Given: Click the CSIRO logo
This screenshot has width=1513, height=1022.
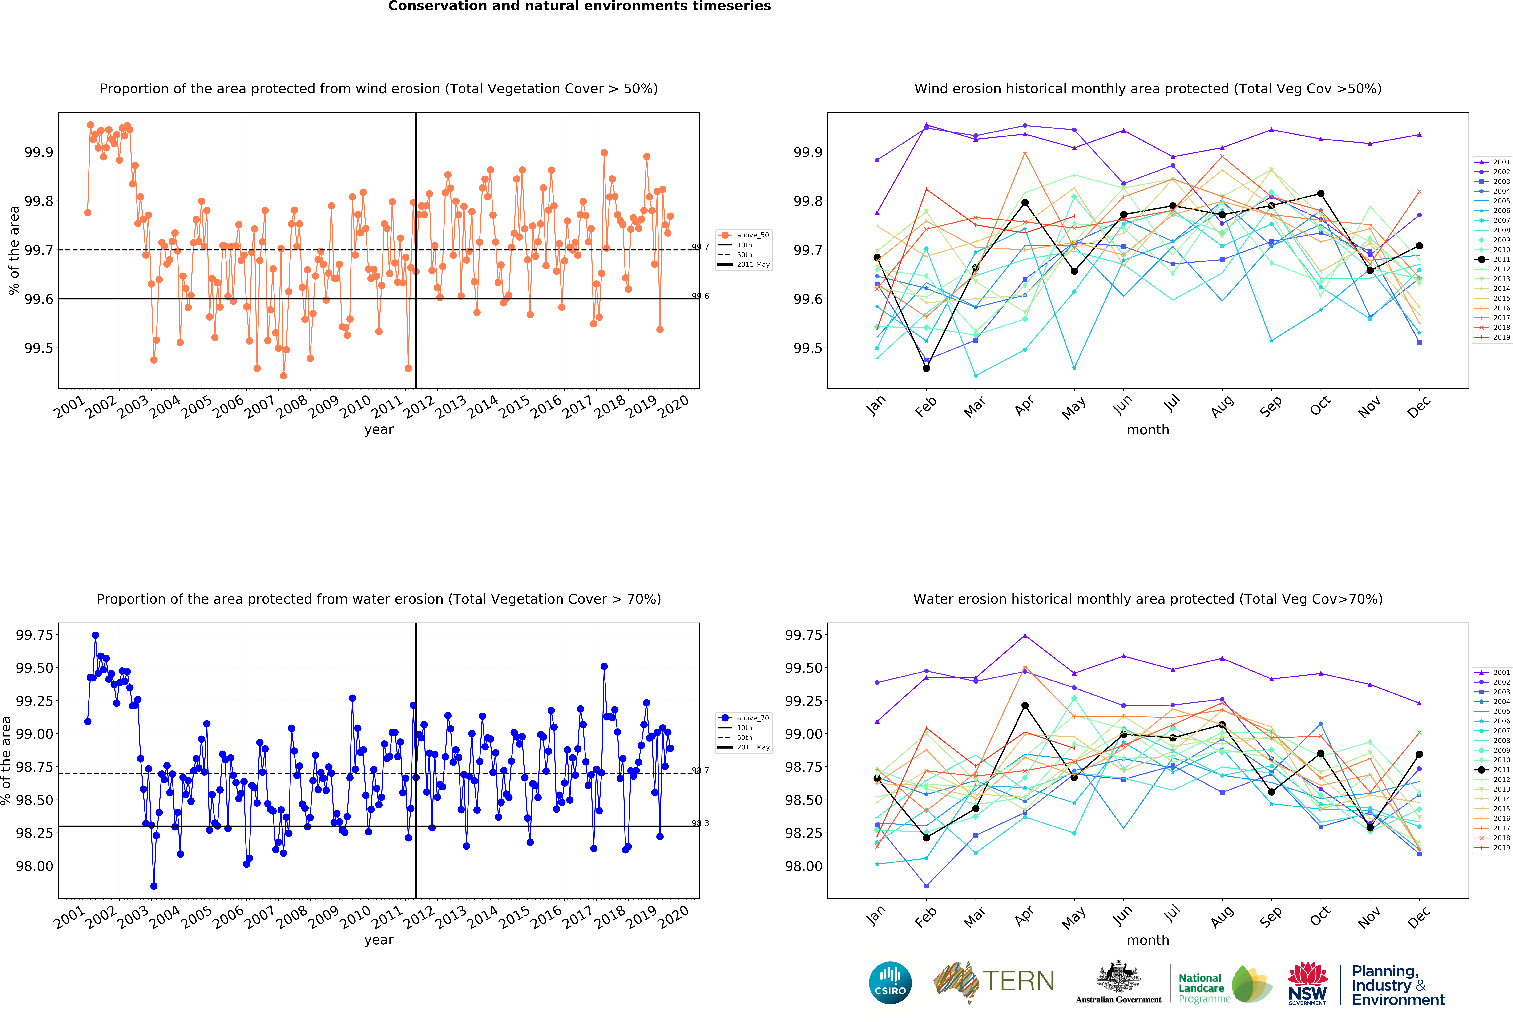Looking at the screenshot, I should point(890,982).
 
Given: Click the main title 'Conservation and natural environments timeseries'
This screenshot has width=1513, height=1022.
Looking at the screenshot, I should point(579,7).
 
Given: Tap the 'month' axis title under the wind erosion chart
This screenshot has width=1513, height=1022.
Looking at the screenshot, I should point(1148,430).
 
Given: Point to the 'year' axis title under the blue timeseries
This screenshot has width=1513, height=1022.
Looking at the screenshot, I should point(379,940).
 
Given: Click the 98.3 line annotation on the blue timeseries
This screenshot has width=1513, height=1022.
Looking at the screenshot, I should point(701,823).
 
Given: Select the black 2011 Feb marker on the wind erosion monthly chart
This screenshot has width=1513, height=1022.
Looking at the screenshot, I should point(926,369).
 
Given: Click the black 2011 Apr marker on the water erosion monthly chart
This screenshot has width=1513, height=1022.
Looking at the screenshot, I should point(1025,706).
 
